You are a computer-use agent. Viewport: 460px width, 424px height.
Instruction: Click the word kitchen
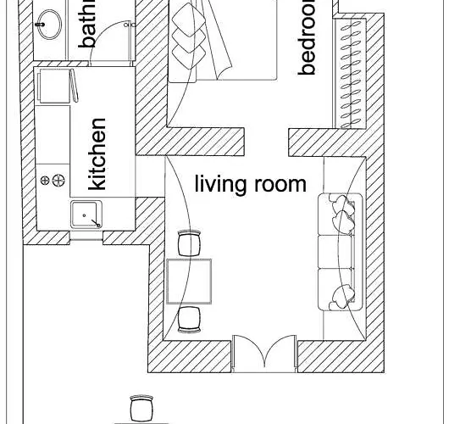coord(98,154)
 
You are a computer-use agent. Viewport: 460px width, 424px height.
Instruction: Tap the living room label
coord(250,184)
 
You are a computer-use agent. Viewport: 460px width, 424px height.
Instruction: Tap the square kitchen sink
coord(86,216)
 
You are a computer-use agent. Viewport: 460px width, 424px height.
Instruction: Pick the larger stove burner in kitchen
coord(58,180)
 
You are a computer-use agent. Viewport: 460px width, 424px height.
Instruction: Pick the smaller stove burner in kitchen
coord(45,180)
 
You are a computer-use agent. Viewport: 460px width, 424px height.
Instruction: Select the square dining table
coord(188,282)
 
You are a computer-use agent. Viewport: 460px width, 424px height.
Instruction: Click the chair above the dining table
coord(189,243)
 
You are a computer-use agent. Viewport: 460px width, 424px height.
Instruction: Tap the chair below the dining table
coord(189,318)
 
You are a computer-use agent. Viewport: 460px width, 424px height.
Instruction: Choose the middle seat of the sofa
coord(341,251)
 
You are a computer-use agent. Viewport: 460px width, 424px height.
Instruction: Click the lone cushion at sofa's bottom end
coord(342,296)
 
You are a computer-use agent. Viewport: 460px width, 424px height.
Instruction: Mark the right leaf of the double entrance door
coord(280,354)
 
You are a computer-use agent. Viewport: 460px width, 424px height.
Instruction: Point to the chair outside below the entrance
coord(141,408)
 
